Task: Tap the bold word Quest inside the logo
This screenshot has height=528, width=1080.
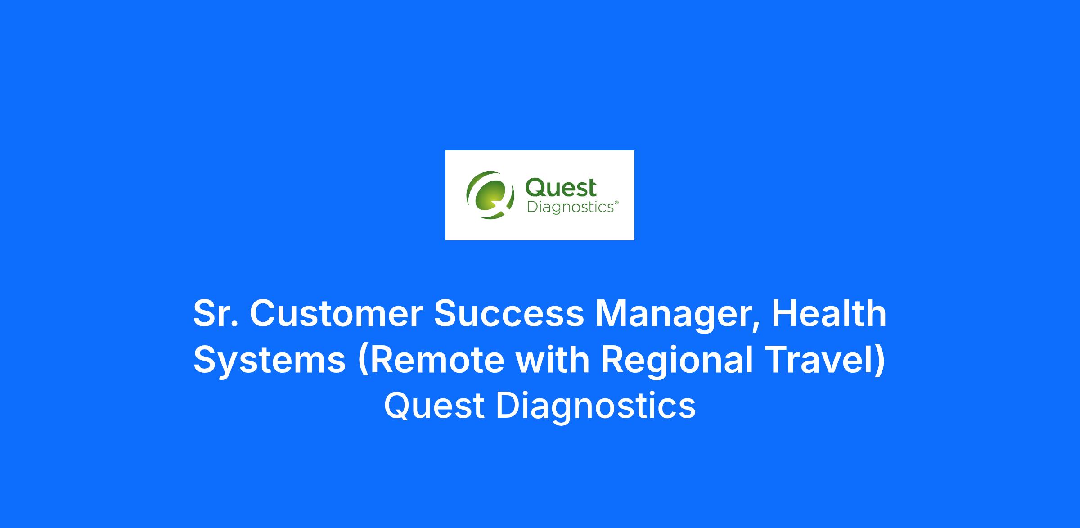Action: (561, 187)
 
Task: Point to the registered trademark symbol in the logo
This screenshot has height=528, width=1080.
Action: (616, 203)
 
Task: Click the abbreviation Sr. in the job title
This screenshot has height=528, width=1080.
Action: (216, 313)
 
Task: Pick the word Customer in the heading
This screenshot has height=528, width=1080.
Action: (336, 313)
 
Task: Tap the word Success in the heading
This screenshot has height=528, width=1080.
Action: (508, 313)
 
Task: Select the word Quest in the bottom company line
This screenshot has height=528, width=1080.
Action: (434, 406)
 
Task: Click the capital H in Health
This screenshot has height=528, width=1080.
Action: (783, 313)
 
